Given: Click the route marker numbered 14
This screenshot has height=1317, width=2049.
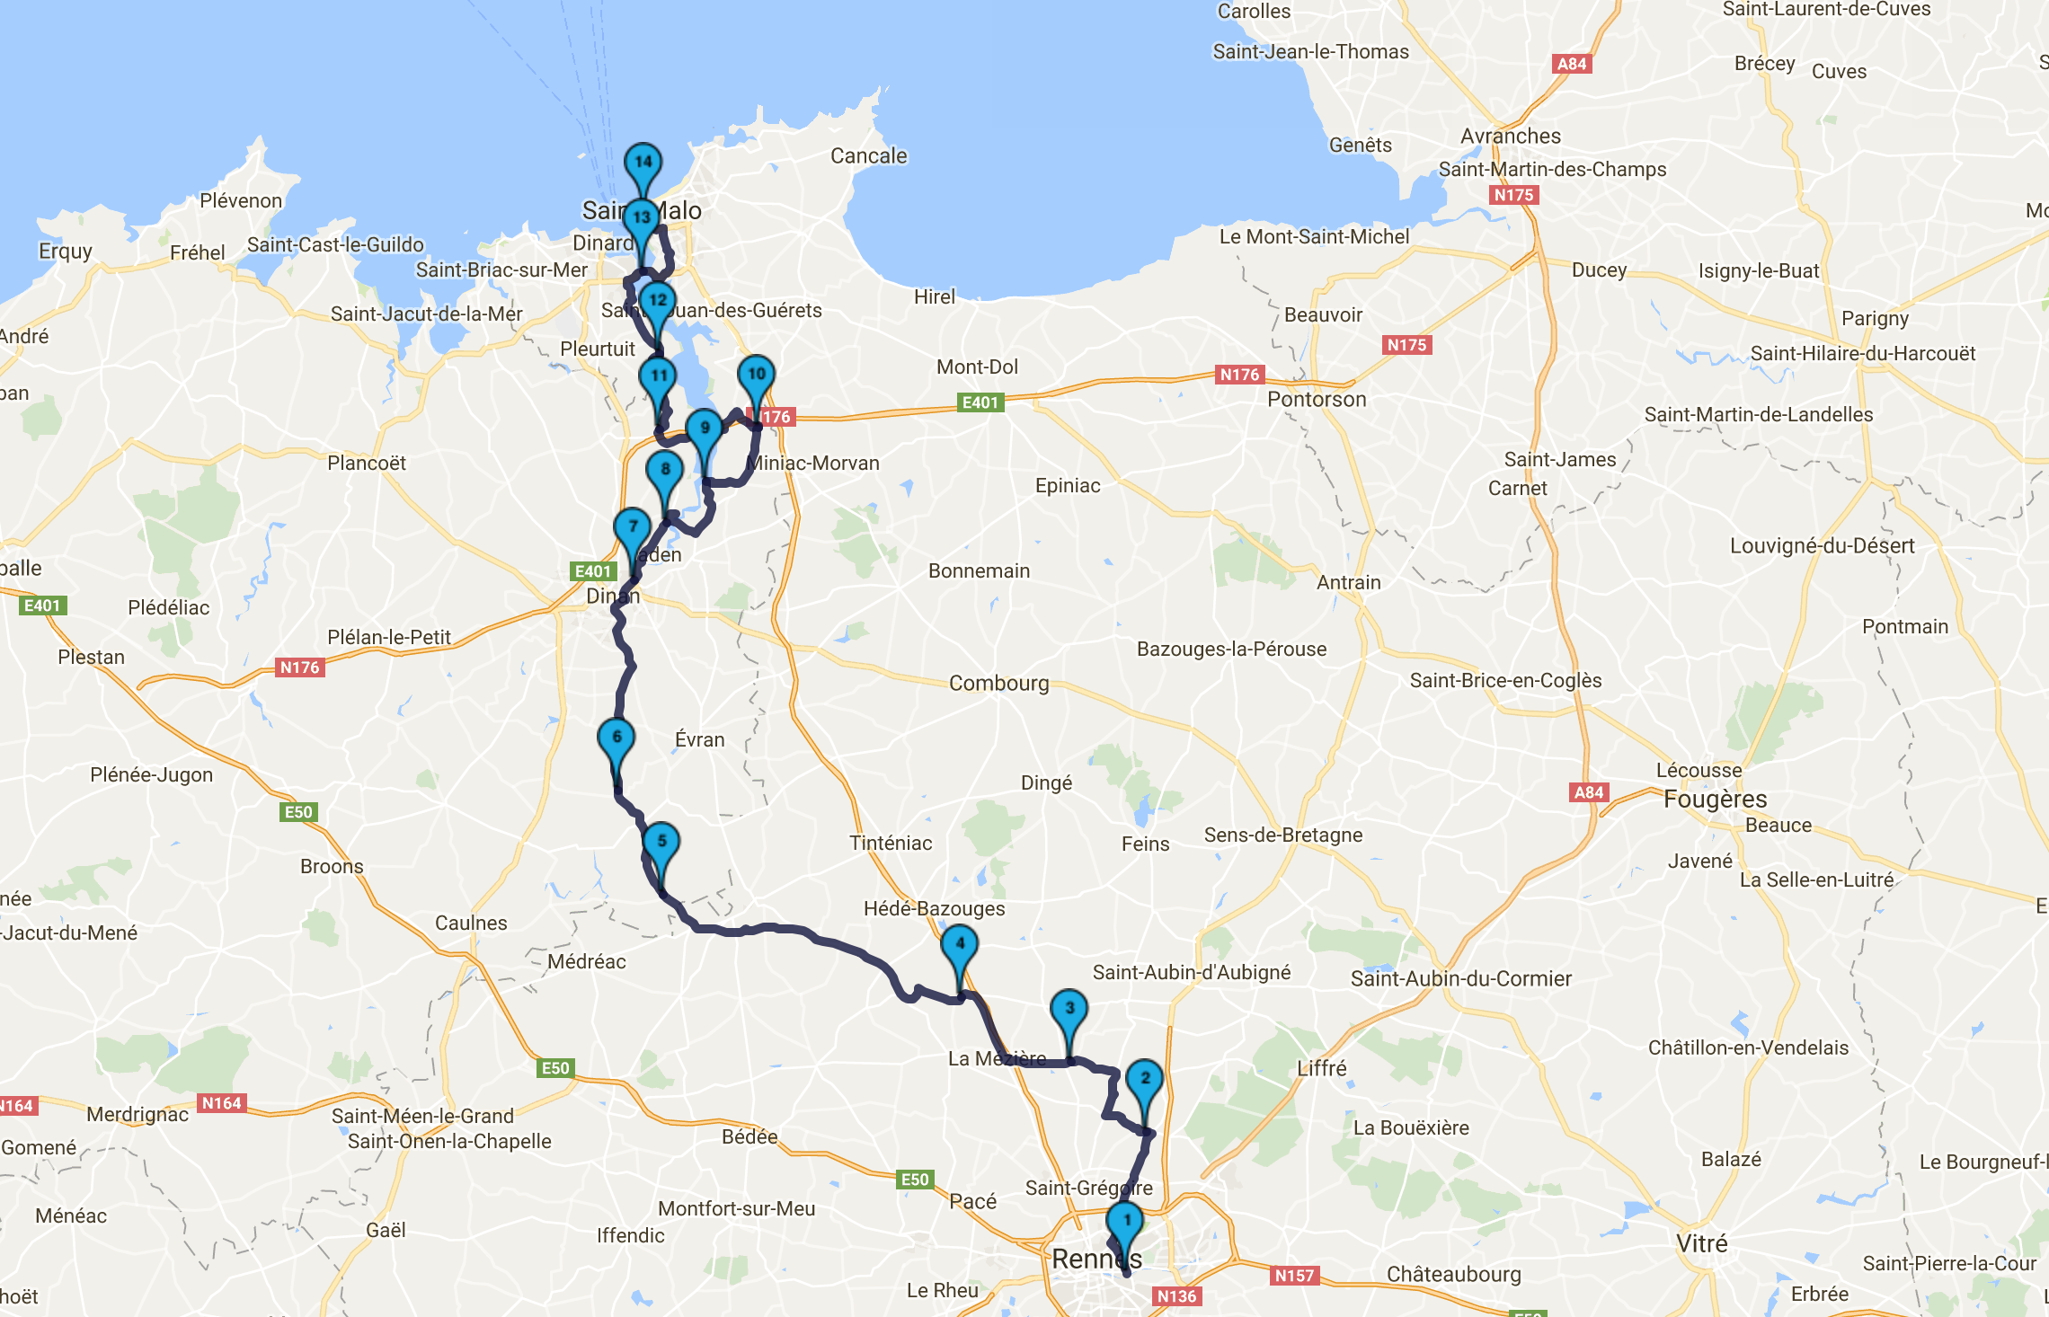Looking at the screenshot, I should pos(643,164).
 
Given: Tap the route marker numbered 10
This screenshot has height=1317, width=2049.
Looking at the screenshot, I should pos(757,375).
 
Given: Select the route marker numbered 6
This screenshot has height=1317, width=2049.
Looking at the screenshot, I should pos(616,738).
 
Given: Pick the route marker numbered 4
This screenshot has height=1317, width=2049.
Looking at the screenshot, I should pos(960,944).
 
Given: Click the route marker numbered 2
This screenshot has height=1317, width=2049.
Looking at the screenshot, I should pos(1145,1079).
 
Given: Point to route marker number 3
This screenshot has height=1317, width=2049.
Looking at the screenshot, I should pos(1069,1009).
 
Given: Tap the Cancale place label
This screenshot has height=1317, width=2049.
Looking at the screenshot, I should pos(868,156).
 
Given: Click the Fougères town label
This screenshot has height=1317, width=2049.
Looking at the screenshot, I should pos(1715,799).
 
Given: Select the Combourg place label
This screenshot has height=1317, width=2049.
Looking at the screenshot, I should pos(998,684).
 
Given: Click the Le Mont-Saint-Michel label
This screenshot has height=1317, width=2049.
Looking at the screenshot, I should pos(1314,237).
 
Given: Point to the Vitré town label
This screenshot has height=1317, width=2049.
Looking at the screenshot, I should pos(1701,1244).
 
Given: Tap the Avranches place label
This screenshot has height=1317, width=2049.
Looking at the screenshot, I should pos(1510,137).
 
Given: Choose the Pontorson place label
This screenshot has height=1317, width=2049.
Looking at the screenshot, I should pos(1316,400).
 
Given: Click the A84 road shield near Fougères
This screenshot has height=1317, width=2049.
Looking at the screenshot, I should pos(1589,792).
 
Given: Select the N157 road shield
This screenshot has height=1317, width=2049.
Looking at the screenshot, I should pos(1294,1276).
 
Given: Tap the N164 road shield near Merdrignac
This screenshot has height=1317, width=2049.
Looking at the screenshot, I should pos(221,1103).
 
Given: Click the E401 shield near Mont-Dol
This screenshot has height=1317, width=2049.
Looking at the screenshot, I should pos(980,402).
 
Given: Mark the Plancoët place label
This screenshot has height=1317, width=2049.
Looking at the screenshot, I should pos(366,464).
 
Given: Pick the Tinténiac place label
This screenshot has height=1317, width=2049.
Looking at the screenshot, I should pos(890,844).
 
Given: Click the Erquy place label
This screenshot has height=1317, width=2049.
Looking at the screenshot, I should pos(65,252).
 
